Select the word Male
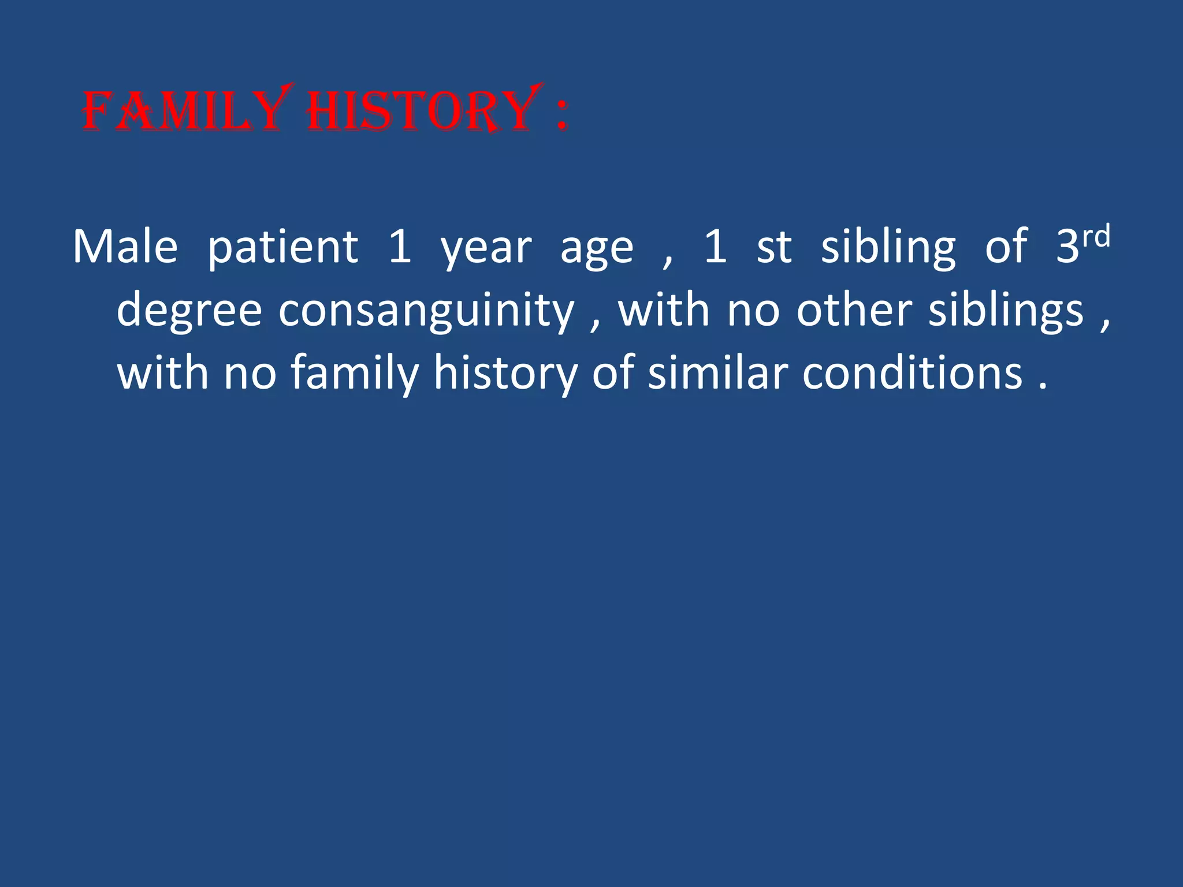125,247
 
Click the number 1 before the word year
400,247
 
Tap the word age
596,252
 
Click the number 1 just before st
715,247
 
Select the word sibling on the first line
888,248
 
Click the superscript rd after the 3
1096,237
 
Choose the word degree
189,312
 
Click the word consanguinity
426,312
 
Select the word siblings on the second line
1006,312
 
